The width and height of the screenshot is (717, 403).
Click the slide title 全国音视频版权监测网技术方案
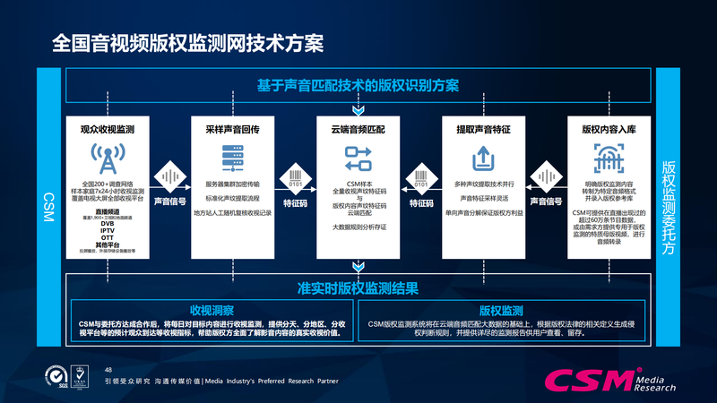(187, 42)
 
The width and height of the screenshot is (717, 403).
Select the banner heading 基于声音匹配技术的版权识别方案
(358, 86)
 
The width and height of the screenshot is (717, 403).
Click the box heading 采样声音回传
(232, 129)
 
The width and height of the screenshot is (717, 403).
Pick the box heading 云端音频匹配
(358, 129)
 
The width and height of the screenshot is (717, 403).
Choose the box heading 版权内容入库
(609, 129)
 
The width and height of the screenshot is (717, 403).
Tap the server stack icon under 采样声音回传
(232, 159)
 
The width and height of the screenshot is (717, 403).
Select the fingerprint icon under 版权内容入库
(609, 159)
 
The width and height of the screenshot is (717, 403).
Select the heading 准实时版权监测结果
(358, 288)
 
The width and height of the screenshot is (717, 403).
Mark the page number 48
(109, 370)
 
